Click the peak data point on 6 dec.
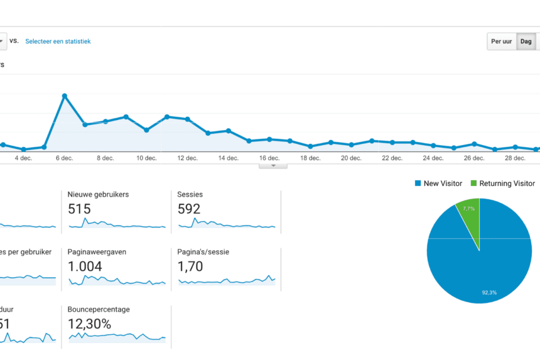pos(64,95)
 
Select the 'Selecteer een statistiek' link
pos(58,41)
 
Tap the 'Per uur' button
pos(501,41)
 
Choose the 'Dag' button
pos(525,41)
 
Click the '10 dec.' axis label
pos(146,158)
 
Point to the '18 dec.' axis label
pos(310,158)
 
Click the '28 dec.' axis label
pos(515,158)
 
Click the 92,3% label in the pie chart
pos(489,292)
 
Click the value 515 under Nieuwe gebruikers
pos(79,209)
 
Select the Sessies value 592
pos(189,209)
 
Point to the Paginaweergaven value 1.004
pos(85,266)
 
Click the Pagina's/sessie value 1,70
pos(190,266)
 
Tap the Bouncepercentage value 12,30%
pos(89,324)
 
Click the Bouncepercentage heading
pos(98,309)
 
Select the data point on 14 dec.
pos(228,130)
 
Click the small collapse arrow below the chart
pos(273,165)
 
